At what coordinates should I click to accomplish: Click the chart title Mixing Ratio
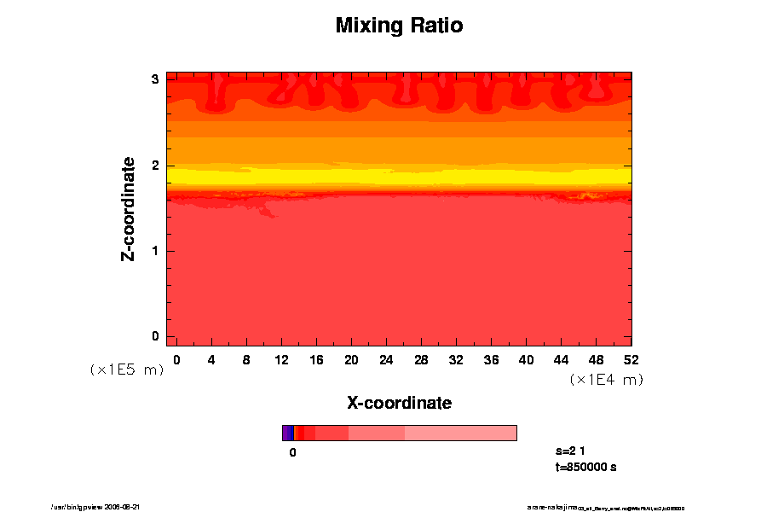pos(399,26)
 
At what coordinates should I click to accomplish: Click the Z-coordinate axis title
pos(129,208)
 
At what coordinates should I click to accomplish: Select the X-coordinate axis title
pos(399,402)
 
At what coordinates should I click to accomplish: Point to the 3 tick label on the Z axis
pos(155,79)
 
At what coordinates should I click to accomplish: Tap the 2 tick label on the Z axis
pos(155,166)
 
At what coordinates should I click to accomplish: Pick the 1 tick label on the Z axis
pos(155,251)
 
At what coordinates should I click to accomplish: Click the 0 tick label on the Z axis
pos(155,336)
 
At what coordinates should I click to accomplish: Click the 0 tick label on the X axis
pos(176,359)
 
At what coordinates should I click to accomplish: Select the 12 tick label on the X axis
pos(281,359)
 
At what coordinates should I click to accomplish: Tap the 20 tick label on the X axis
pos(351,359)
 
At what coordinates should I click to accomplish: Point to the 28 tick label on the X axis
pos(421,359)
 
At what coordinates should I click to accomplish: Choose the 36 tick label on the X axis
pos(491,359)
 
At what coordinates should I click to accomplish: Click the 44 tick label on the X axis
pos(561,359)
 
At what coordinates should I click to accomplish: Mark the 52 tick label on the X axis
pos(631,359)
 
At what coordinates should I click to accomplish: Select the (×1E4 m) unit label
pos(606,380)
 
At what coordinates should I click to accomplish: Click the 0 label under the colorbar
pos(292,452)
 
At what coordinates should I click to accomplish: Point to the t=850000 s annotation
pos(585,467)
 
